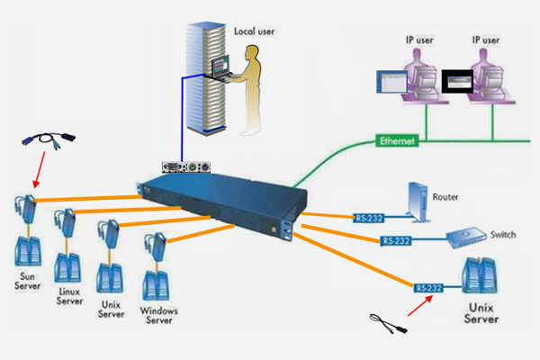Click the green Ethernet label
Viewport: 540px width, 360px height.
click(x=397, y=141)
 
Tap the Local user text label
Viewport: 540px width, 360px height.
click(x=255, y=31)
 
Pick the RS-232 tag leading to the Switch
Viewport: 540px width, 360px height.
click(x=397, y=240)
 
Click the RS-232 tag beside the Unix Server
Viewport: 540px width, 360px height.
click(x=432, y=287)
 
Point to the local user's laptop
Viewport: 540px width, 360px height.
click(x=222, y=68)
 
